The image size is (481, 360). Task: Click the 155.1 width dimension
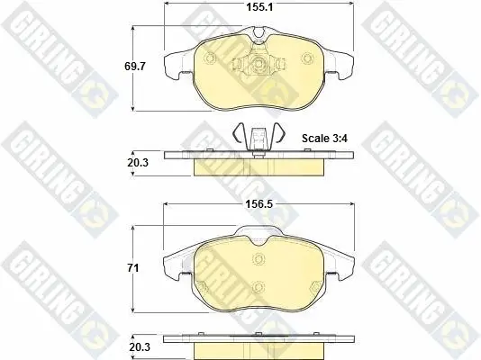click(x=259, y=7)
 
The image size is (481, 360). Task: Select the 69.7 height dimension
click(x=135, y=67)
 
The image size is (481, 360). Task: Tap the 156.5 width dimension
click(x=259, y=204)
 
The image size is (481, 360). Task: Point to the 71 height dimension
click(x=133, y=268)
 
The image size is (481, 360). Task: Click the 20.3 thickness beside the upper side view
click(x=138, y=163)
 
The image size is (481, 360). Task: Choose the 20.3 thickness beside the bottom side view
click(x=140, y=347)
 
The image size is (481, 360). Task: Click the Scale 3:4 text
click(x=324, y=139)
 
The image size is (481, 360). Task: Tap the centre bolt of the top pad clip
click(x=258, y=63)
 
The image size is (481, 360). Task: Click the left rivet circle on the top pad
click(x=210, y=58)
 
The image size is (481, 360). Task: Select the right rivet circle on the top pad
click(x=307, y=58)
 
